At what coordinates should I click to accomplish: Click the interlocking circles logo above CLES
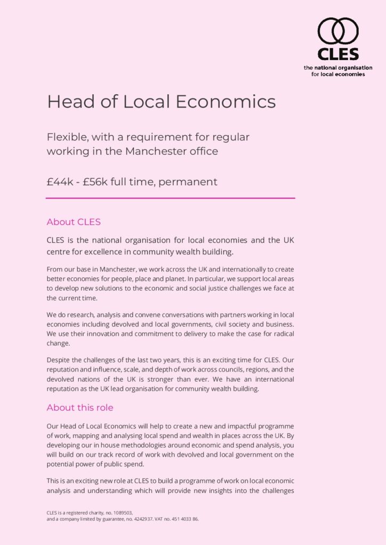tap(338, 31)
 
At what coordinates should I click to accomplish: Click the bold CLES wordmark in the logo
tap(338, 54)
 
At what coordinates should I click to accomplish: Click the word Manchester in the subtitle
tap(152, 151)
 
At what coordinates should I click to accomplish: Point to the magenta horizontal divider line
tap(170, 198)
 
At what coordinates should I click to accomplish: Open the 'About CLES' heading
tap(74, 222)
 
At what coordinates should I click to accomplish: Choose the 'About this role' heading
tap(80, 408)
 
